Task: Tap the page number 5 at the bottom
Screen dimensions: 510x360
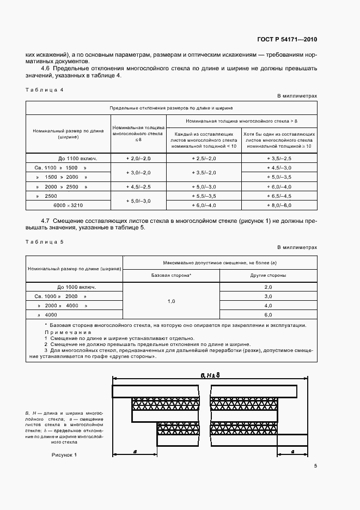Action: coord(315,465)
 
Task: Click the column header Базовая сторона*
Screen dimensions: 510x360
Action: coord(171,275)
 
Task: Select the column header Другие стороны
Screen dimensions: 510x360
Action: coord(267,275)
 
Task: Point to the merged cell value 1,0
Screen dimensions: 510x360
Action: coord(171,300)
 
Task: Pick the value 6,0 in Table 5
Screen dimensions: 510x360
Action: coord(267,315)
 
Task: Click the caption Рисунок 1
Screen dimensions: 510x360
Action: coord(65,454)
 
